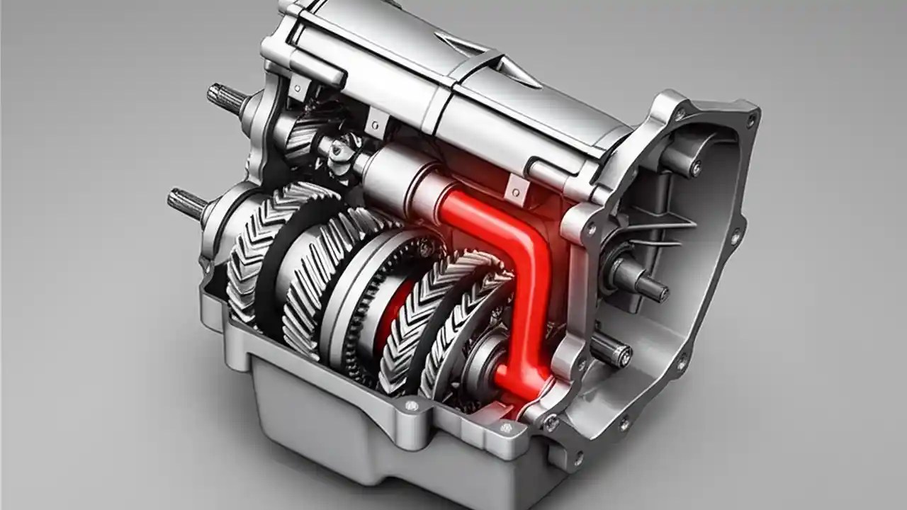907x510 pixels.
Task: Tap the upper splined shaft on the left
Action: point(225,97)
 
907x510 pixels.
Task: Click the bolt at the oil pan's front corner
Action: point(410,406)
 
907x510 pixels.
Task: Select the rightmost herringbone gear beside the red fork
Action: point(464,326)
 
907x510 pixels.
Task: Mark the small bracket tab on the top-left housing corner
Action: point(298,89)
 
